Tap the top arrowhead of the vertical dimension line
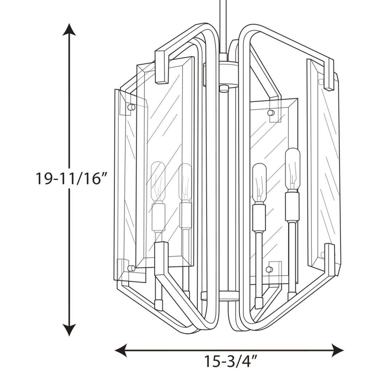coord(69,29)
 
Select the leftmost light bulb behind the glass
coord(158,181)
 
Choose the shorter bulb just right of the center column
coord(259,182)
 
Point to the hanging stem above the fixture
coord(223,25)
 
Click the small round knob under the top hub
coord(224,88)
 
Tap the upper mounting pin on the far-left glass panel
coord(131,107)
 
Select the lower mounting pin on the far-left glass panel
coord(131,268)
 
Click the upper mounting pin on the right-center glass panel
coord(270,113)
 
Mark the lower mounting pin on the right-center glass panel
coord(269,269)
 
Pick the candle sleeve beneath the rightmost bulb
coord(292,207)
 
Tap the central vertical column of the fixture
coord(224,189)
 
